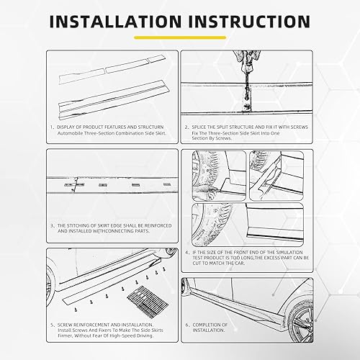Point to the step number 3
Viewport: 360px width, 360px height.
(x=53, y=225)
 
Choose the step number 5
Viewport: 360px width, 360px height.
(x=53, y=325)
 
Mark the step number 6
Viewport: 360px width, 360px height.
(x=185, y=325)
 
